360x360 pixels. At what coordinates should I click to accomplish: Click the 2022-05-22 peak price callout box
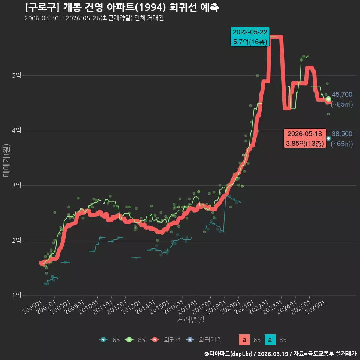pyautogui.click(x=250, y=37)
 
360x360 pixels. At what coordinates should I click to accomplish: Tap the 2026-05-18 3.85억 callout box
pyautogui.click(x=305, y=138)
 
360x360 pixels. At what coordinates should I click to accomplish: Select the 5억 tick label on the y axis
pyautogui.click(x=16, y=75)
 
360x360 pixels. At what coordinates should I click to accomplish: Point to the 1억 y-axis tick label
pyautogui.click(x=16, y=295)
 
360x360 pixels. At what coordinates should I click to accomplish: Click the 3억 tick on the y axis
pyautogui.click(x=16, y=185)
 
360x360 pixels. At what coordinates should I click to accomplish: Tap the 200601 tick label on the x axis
pyautogui.click(x=32, y=307)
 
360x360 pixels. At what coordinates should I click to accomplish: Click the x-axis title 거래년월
pyautogui.click(x=190, y=319)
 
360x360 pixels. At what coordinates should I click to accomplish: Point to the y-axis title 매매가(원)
pyautogui.click(x=6, y=161)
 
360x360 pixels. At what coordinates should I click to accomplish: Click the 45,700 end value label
pyautogui.click(x=342, y=94)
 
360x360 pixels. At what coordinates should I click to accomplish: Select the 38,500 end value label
pyautogui.click(x=342, y=134)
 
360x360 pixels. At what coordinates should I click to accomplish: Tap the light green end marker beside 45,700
pyautogui.click(x=328, y=99)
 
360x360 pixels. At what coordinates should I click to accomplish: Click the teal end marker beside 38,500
pyautogui.click(x=328, y=138)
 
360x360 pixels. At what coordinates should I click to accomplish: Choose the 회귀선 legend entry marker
pyautogui.click(x=155, y=340)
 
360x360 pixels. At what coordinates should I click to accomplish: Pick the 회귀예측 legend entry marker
pyautogui.click(x=190, y=340)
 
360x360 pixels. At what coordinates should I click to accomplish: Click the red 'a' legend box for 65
pyautogui.click(x=244, y=340)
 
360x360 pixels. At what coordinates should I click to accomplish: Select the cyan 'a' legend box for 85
pyautogui.click(x=270, y=340)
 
